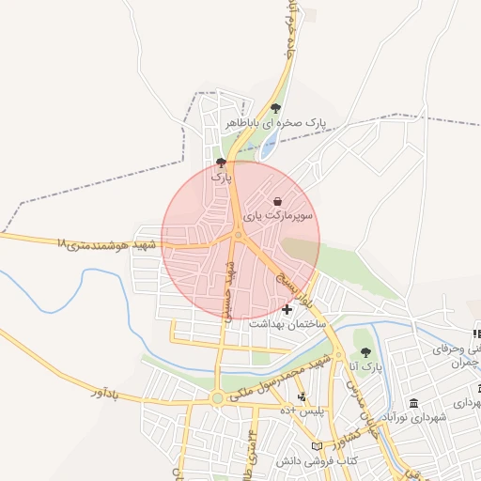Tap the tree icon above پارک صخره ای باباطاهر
pyautogui.click(x=274, y=108)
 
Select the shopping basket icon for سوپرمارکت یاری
pyautogui.click(x=278, y=201)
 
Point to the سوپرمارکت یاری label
pyautogui.click(x=278, y=215)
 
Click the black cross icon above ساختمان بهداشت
pyautogui.click(x=287, y=309)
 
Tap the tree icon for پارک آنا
pyautogui.click(x=365, y=352)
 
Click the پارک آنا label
pyautogui.click(x=367, y=366)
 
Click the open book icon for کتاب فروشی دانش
pyautogui.click(x=317, y=445)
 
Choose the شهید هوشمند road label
pyautogui.click(x=103, y=244)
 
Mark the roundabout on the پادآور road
pyautogui.click(x=218, y=398)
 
